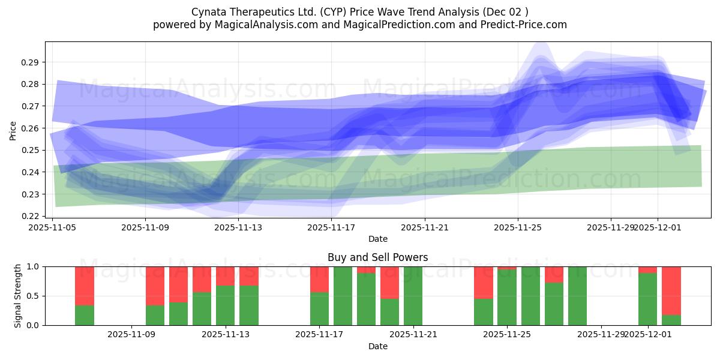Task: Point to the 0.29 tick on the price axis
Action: tap(31, 62)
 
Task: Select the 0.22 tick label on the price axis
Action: tap(31, 216)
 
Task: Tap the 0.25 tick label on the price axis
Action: tap(31, 150)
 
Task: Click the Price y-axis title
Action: tap(13, 130)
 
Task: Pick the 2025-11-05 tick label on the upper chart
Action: tap(53, 227)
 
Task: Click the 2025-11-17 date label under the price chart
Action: tap(331, 227)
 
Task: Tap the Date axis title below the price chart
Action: tap(377, 239)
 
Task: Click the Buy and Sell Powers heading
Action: tap(377, 257)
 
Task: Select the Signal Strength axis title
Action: tap(18, 295)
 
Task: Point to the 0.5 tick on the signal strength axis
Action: tap(34, 296)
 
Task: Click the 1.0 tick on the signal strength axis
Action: tap(34, 266)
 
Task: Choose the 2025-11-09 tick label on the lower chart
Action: tap(131, 334)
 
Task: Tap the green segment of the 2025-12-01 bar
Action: tap(647, 299)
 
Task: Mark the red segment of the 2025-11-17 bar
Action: tap(319, 279)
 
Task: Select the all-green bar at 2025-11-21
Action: tap(413, 296)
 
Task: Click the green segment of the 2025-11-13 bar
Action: tap(226, 305)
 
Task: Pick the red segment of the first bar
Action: tap(85, 286)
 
